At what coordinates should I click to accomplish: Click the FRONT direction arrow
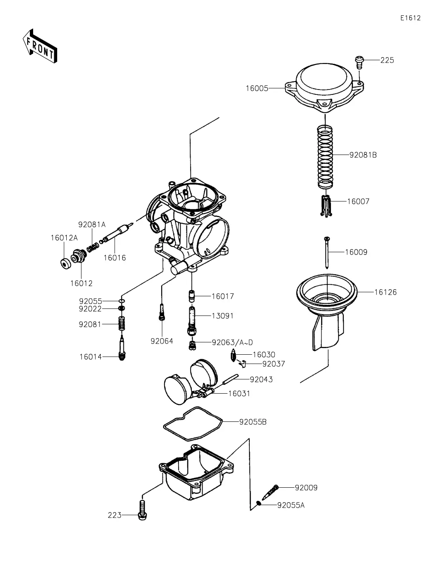pos(40,46)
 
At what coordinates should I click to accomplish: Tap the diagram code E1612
pos(410,18)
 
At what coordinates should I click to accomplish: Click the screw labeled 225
pos(359,62)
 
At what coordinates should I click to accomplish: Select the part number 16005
pos(257,88)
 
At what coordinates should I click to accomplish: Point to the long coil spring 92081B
pos(325,157)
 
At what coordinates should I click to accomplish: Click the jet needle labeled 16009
pos(327,252)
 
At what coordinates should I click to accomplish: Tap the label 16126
pos(385,292)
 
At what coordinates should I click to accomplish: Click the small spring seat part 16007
pos(326,206)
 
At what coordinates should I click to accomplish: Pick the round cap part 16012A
pos(65,264)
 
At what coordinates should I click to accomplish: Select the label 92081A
pos(92,225)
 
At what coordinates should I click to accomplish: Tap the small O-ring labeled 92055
pos(122,301)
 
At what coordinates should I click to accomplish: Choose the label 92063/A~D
pos(232,342)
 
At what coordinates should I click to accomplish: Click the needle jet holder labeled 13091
pos(192,321)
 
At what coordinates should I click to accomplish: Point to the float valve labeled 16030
pos(234,355)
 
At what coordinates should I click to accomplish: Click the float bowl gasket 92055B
pos(193,423)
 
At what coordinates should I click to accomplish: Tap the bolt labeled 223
pos(142,510)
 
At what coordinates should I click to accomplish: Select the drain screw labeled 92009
pos(270,492)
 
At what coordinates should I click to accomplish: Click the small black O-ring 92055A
pos(258,503)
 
